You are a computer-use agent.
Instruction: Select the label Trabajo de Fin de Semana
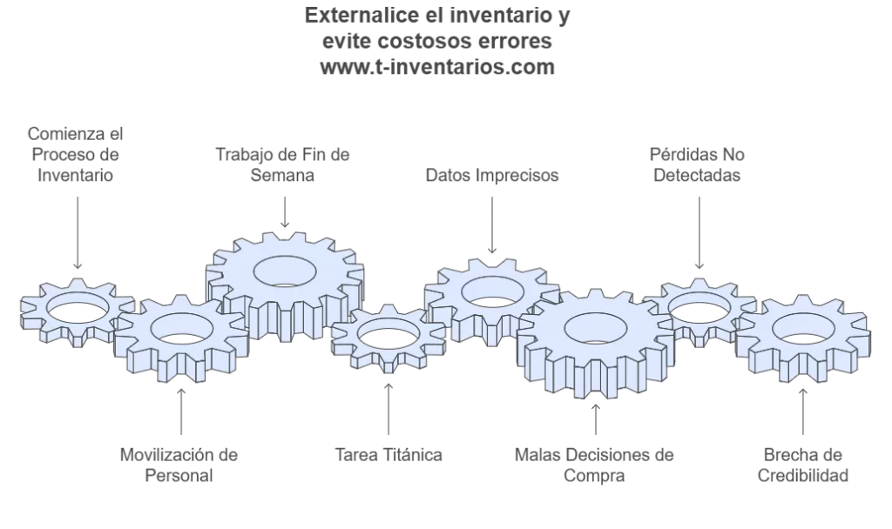(282, 164)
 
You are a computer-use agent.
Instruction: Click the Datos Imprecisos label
(492, 175)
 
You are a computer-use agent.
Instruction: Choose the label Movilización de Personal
(179, 465)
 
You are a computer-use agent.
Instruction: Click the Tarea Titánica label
(389, 454)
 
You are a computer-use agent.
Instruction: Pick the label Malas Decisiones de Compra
(594, 465)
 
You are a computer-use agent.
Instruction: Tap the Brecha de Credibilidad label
(802, 465)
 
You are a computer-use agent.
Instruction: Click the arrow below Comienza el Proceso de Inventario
(77, 232)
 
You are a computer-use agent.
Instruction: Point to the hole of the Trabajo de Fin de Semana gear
(285, 269)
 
